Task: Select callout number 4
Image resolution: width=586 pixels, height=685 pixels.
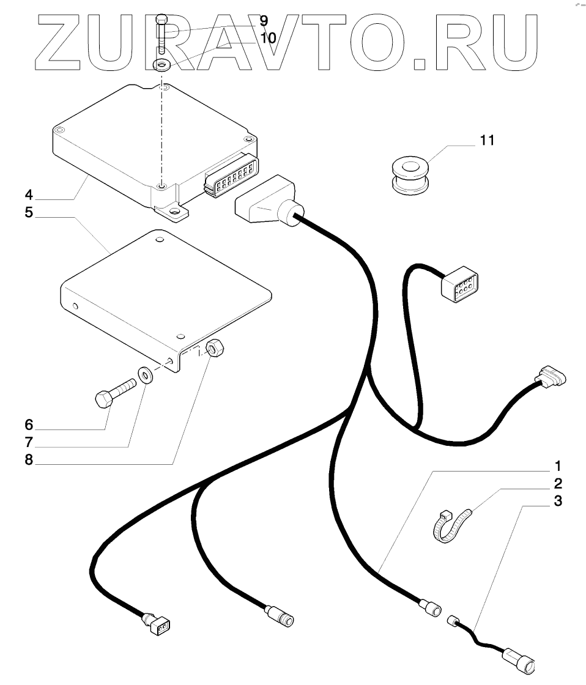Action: [28, 197]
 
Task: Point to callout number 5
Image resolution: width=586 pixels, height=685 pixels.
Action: [28, 216]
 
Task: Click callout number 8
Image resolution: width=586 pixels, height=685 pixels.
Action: [28, 459]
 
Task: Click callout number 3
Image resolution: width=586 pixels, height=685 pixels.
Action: [557, 502]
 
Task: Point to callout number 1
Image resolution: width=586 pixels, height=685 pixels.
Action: [557, 465]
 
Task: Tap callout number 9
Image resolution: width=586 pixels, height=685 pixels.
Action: [264, 21]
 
